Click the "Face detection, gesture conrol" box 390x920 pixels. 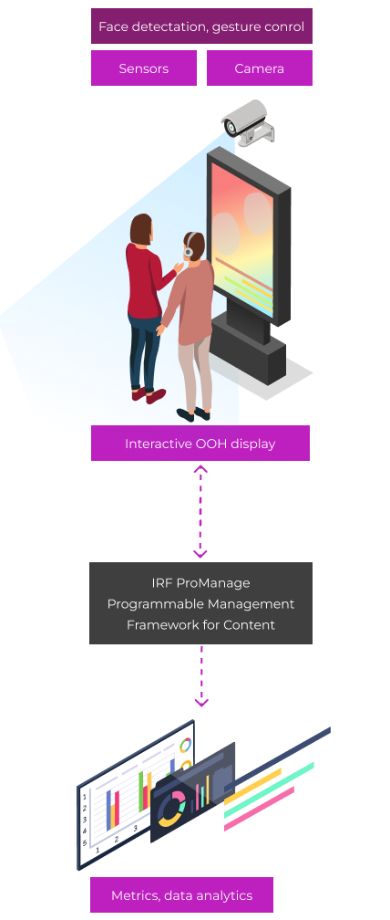click(x=201, y=26)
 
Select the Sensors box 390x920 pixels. click(x=144, y=68)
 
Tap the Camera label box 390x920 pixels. click(x=260, y=68)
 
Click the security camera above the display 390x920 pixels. click(x=247, y=122)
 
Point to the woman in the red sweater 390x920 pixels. click(x=146, y=305)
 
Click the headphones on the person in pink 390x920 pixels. click(x=189, y=246)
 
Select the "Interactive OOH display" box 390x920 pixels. click(x=200, y=443)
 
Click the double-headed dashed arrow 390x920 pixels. click(x=200, y=511)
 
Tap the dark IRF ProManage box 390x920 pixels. click(x=200, y=603)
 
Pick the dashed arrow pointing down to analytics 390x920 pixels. click(x=200, y=676)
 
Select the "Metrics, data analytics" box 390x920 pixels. click(x=181, y=894)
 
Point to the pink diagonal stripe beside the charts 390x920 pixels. click(x=259, y=809)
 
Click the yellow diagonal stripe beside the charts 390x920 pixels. click(x=252, y=786)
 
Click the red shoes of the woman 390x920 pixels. click(x=149, y=395)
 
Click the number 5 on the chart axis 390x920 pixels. click(x=85, y=842)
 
